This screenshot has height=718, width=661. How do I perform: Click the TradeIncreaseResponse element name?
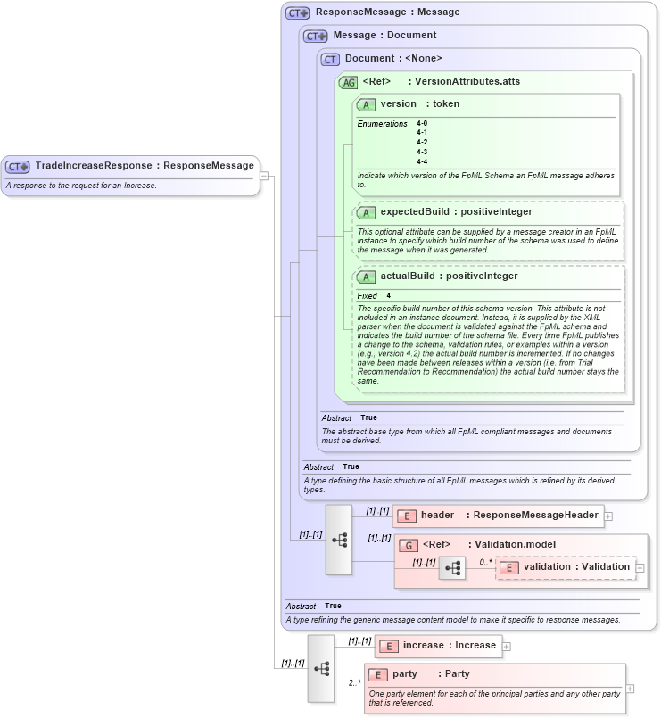point(93,165)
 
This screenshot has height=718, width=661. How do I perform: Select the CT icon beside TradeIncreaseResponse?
point(18,166)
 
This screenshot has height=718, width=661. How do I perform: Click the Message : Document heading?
point(384,36)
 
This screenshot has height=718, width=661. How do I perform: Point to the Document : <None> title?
point(392,59)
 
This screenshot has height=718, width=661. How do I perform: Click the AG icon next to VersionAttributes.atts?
point(348,82)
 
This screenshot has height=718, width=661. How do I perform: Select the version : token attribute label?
point(419,104)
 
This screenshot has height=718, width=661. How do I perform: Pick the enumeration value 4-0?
point(422,123)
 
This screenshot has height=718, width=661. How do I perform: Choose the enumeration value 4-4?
point(422,161)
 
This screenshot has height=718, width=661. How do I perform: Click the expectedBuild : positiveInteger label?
point(456,212)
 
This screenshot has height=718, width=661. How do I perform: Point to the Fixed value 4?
point(388,295)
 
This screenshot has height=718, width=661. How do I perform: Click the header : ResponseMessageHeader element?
point(498,516)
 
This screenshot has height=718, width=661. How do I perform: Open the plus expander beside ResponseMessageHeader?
point(608,516)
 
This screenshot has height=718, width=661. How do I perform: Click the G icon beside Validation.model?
point(408,545)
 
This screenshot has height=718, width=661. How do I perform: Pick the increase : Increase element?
point(437,645)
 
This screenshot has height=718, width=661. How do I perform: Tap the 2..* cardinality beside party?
point(354,683)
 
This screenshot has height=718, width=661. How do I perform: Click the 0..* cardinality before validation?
point(484,562)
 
